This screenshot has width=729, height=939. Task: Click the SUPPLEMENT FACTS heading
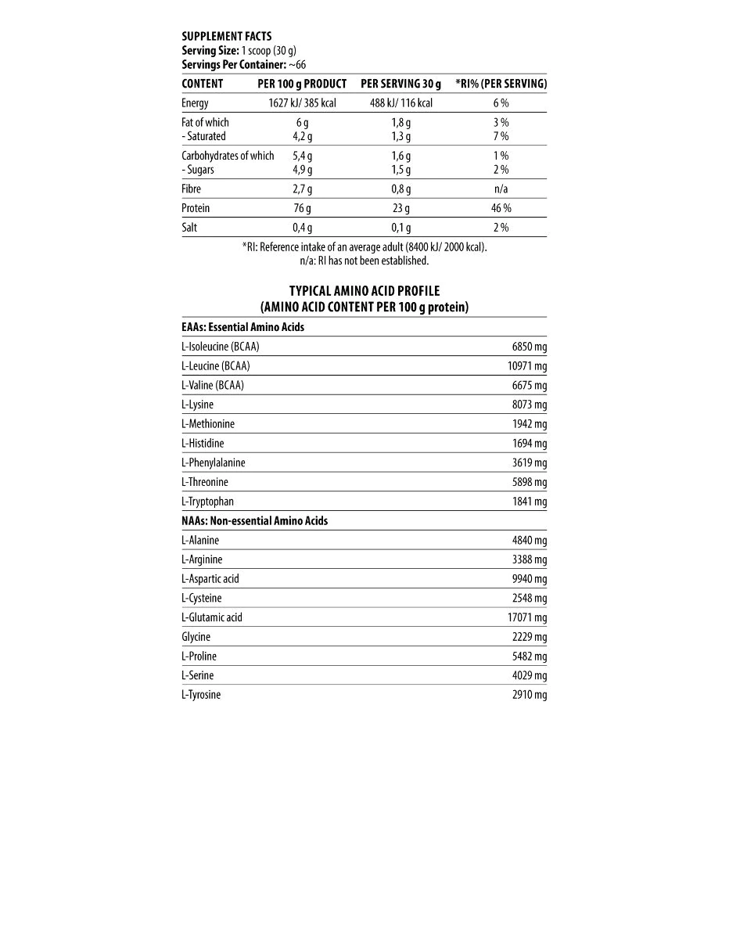(226, 36)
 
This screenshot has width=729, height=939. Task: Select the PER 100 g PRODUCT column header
(302, 84)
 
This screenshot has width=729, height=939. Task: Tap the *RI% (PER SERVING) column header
(501, 84)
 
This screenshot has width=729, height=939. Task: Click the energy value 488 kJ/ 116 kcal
(400, 103)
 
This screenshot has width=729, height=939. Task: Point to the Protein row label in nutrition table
(196, 208)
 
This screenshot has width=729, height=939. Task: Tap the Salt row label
(189, 228)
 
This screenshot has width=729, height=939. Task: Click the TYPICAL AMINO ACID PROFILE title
(364, 292)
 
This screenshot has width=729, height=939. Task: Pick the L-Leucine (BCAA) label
(216, 365)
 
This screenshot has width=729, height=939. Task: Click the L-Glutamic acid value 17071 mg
(527, 617)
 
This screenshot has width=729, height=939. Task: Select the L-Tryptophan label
(207, 502)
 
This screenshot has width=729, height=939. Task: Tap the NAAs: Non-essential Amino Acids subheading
(254, 520)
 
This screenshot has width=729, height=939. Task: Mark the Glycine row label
(196, 637)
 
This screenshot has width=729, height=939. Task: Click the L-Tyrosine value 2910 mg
(530, 695)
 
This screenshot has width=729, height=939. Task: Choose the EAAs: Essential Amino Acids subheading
(242, 327)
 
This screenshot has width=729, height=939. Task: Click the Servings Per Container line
(243, 64)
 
